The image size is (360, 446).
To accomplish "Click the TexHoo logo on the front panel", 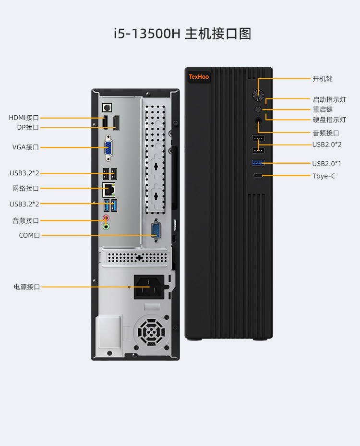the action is coord(199,76).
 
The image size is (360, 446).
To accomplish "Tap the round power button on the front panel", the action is coord(258,95).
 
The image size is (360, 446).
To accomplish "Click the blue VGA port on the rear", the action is coord(109,149).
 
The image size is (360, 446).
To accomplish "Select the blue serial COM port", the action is coord(156,230).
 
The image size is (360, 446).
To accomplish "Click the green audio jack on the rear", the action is coord(107,226).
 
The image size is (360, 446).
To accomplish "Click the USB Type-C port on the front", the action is coord(258,176).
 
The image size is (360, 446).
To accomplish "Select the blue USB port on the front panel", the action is coord(258,163).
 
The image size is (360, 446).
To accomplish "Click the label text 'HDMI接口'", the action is coord(24,118).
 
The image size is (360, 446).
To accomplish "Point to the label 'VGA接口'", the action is coord(25,147).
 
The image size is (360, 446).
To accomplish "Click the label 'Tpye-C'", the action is coord(324,176).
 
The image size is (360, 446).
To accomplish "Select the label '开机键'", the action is coord(323,78).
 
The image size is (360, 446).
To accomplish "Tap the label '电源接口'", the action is coord(27,287).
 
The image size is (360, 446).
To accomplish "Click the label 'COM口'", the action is coord(29,235).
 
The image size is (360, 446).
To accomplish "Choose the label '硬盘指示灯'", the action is coord(329,120).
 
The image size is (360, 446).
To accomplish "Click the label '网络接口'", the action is coord(25,188).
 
